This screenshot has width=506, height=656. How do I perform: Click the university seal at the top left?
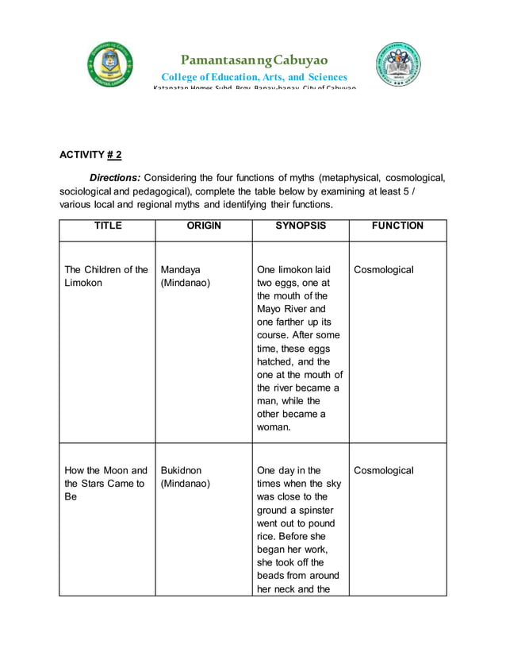(x=110, y=65)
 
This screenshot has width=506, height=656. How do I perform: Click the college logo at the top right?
(x=398, y=65)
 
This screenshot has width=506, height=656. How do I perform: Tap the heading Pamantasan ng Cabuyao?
(x=254, y=60)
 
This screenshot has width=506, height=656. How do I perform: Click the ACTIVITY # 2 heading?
(x=90, y=155)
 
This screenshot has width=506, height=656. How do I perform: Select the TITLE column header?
(x=108, y=226)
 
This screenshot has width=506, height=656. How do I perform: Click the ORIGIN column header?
(x=204, y=226)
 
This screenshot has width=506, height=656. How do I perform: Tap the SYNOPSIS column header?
(x=301, y=226)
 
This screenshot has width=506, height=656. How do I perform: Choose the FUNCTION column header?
(x=397, y=226)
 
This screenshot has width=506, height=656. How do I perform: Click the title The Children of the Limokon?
(x=105, y=276)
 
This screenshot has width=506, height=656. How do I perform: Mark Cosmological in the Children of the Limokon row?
(x=384, y=270)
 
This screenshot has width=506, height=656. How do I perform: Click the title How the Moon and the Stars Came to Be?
(x=105, y=484)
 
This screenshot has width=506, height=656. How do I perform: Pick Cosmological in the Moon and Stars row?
(x=384, y=471)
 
